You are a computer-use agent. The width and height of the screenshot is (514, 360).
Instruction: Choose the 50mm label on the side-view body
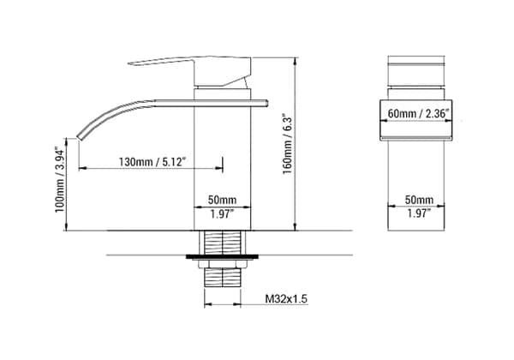224,199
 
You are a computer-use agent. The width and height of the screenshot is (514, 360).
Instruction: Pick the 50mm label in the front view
419,199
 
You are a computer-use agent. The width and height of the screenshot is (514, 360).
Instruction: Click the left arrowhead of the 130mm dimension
83,169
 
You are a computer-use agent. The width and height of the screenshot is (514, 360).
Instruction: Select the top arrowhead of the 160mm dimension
296,57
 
